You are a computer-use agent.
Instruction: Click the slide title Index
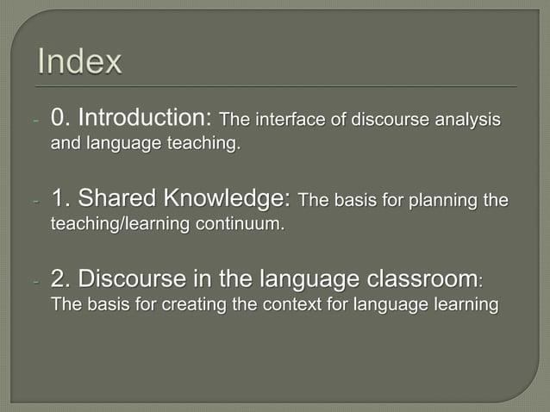coord(81,62)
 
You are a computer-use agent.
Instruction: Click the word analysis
coord(470,119)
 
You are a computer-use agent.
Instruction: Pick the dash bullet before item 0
coord(35,121)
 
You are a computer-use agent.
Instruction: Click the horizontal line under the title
coord(275,86)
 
